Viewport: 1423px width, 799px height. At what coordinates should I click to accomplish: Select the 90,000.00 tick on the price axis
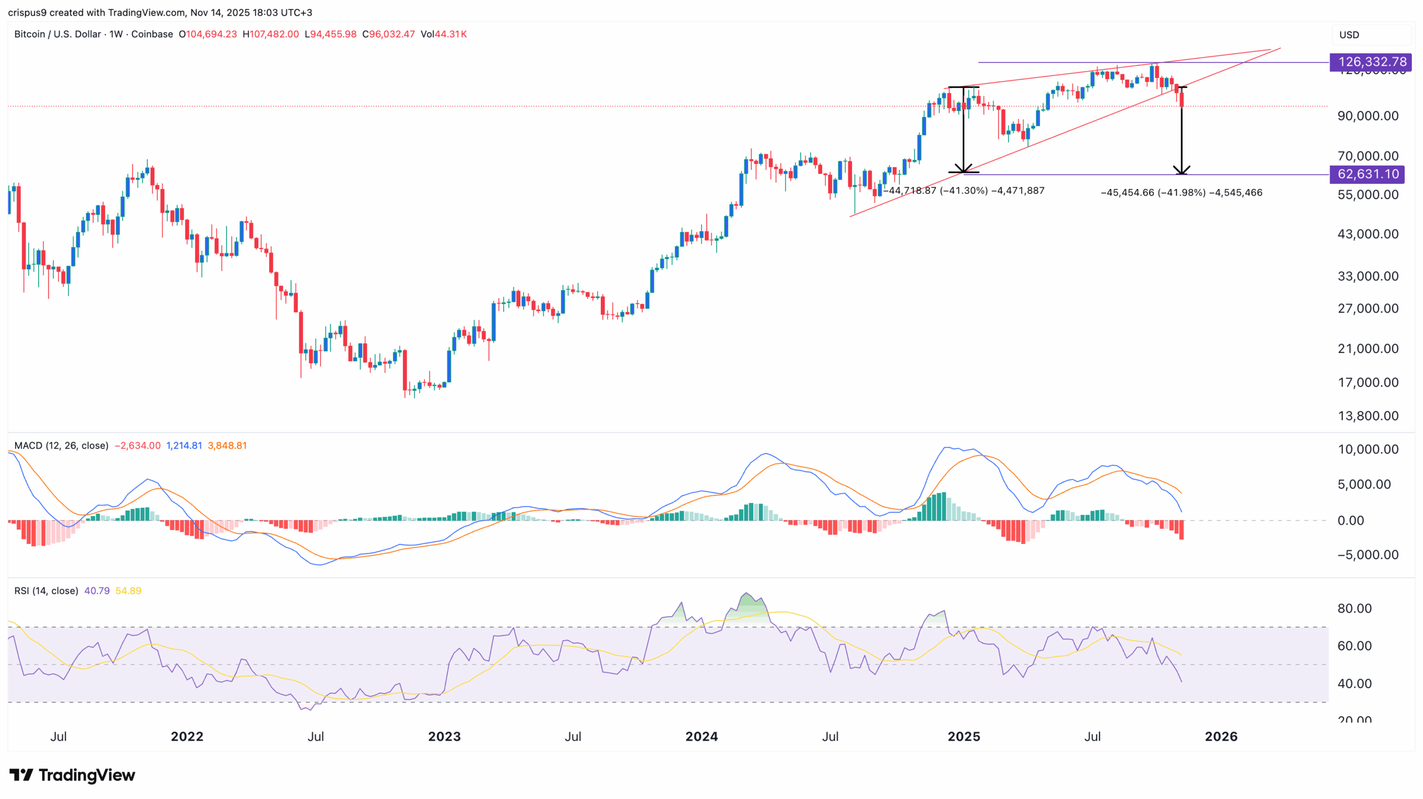(x=1367, y=116)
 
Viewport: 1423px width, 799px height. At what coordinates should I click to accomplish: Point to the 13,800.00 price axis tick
(x=1367, y=416)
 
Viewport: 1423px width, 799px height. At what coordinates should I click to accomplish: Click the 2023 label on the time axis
(x=444, y=737)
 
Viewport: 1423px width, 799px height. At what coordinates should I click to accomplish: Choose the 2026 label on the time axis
(x=1221, y=737)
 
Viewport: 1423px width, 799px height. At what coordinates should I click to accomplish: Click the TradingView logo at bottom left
(x=72, y=775)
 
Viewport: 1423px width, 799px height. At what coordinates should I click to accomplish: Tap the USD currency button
(x=1349, y=35)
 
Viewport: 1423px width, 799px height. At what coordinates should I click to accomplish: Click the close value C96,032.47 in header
(x=389, y=34)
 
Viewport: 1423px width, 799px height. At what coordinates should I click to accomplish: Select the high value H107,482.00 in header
(x=271, y=34)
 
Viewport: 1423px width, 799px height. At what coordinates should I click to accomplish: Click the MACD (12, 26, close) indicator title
(x=61, y=446)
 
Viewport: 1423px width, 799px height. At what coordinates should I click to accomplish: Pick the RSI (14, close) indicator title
(x=46, y=591)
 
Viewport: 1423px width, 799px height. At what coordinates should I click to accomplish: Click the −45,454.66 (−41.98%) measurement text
(x=1181, y=193)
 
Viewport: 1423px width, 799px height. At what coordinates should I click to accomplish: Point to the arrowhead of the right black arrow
(x=1181, y=171)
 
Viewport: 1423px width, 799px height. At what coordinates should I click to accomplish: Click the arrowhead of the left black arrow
(x=963, y=169)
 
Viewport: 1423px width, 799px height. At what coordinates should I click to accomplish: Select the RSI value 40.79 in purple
(x=97, y=591)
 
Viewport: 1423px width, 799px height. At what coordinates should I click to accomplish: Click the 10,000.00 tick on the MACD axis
(x=1367, y=450)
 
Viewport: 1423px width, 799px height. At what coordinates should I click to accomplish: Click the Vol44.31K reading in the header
(x=444, y=34)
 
